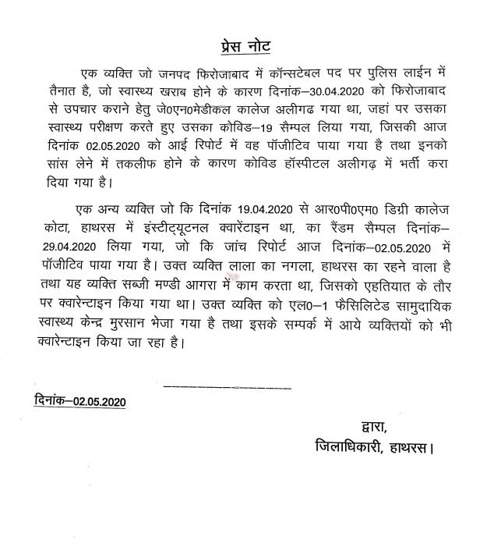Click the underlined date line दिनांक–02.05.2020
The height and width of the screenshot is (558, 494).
pos(80,401)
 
